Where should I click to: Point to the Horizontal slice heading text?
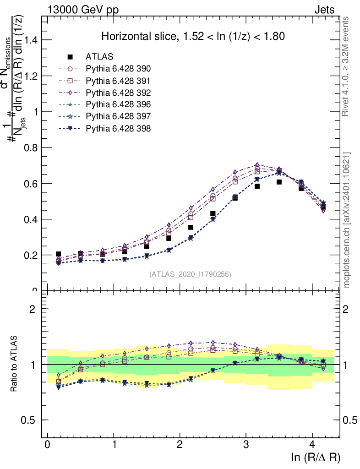pyautogui.click(x=193, y=36)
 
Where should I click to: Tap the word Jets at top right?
pyautogui.click(x=324, y=10)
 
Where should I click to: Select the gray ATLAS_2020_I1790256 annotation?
pyautogui.click(x=190, y=274)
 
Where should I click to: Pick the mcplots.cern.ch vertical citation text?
pyautogui.click(x=347, y=220)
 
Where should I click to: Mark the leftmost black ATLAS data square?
pyautogui.click(x=58, y=254)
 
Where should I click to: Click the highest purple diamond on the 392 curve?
pyautogui.click(x=257, y=165)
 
